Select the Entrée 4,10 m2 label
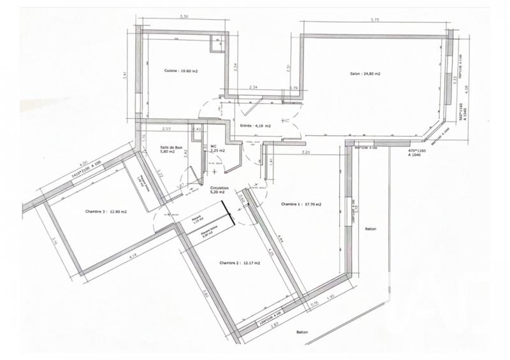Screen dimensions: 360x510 point(256,126)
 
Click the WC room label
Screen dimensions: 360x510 point(215,148)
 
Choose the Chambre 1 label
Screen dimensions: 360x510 point(301,205)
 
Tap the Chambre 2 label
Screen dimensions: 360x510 point(239,263)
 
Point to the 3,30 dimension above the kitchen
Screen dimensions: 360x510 point(184,17)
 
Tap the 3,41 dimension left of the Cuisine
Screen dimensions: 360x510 point(126,75)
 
